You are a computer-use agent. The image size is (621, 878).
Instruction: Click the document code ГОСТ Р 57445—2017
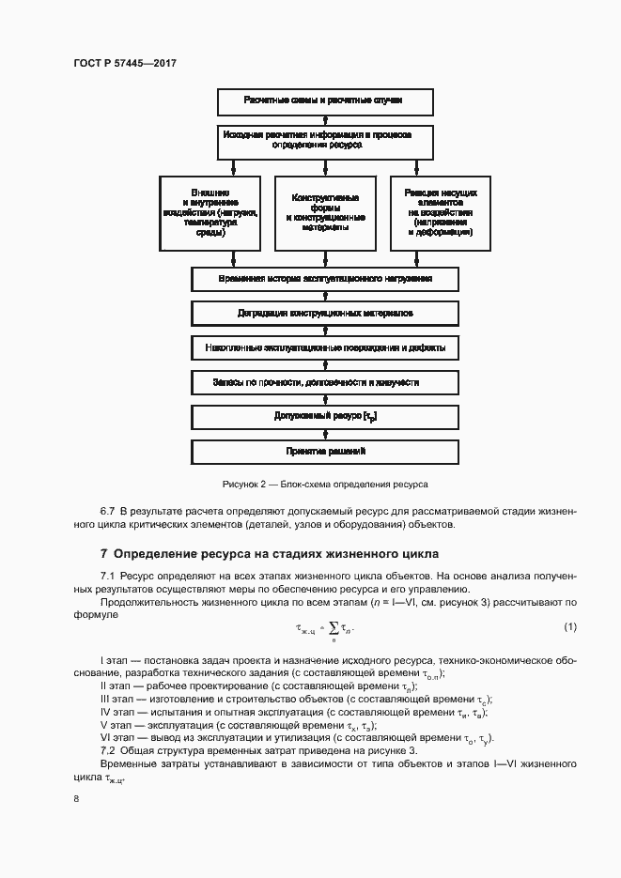point(125,62)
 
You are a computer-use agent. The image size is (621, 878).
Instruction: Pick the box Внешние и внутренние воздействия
point(210,213)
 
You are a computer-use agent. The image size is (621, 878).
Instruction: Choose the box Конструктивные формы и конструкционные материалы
point(324,213)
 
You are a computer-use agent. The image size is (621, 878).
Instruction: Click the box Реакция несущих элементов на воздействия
point(440,213)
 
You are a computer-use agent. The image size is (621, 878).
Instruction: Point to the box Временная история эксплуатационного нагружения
point(324,280)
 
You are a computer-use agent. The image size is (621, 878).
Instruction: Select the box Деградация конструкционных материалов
point(324,314)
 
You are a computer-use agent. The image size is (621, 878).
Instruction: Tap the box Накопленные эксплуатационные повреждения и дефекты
point(324,348)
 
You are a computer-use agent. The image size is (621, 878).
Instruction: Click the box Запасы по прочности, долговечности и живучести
point(324,383)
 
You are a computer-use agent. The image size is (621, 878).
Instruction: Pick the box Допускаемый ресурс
point(324,416)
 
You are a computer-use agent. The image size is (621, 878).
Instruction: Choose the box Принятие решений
point(324,452)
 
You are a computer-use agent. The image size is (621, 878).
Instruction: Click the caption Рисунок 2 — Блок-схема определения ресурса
point(324,485)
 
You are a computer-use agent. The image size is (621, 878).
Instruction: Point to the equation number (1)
point(569,626)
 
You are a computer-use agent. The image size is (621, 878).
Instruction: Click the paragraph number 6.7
point(108,510)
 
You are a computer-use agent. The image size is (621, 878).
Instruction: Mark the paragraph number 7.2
point(108,751)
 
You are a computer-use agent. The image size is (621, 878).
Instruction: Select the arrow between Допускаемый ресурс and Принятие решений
point(324,434)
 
